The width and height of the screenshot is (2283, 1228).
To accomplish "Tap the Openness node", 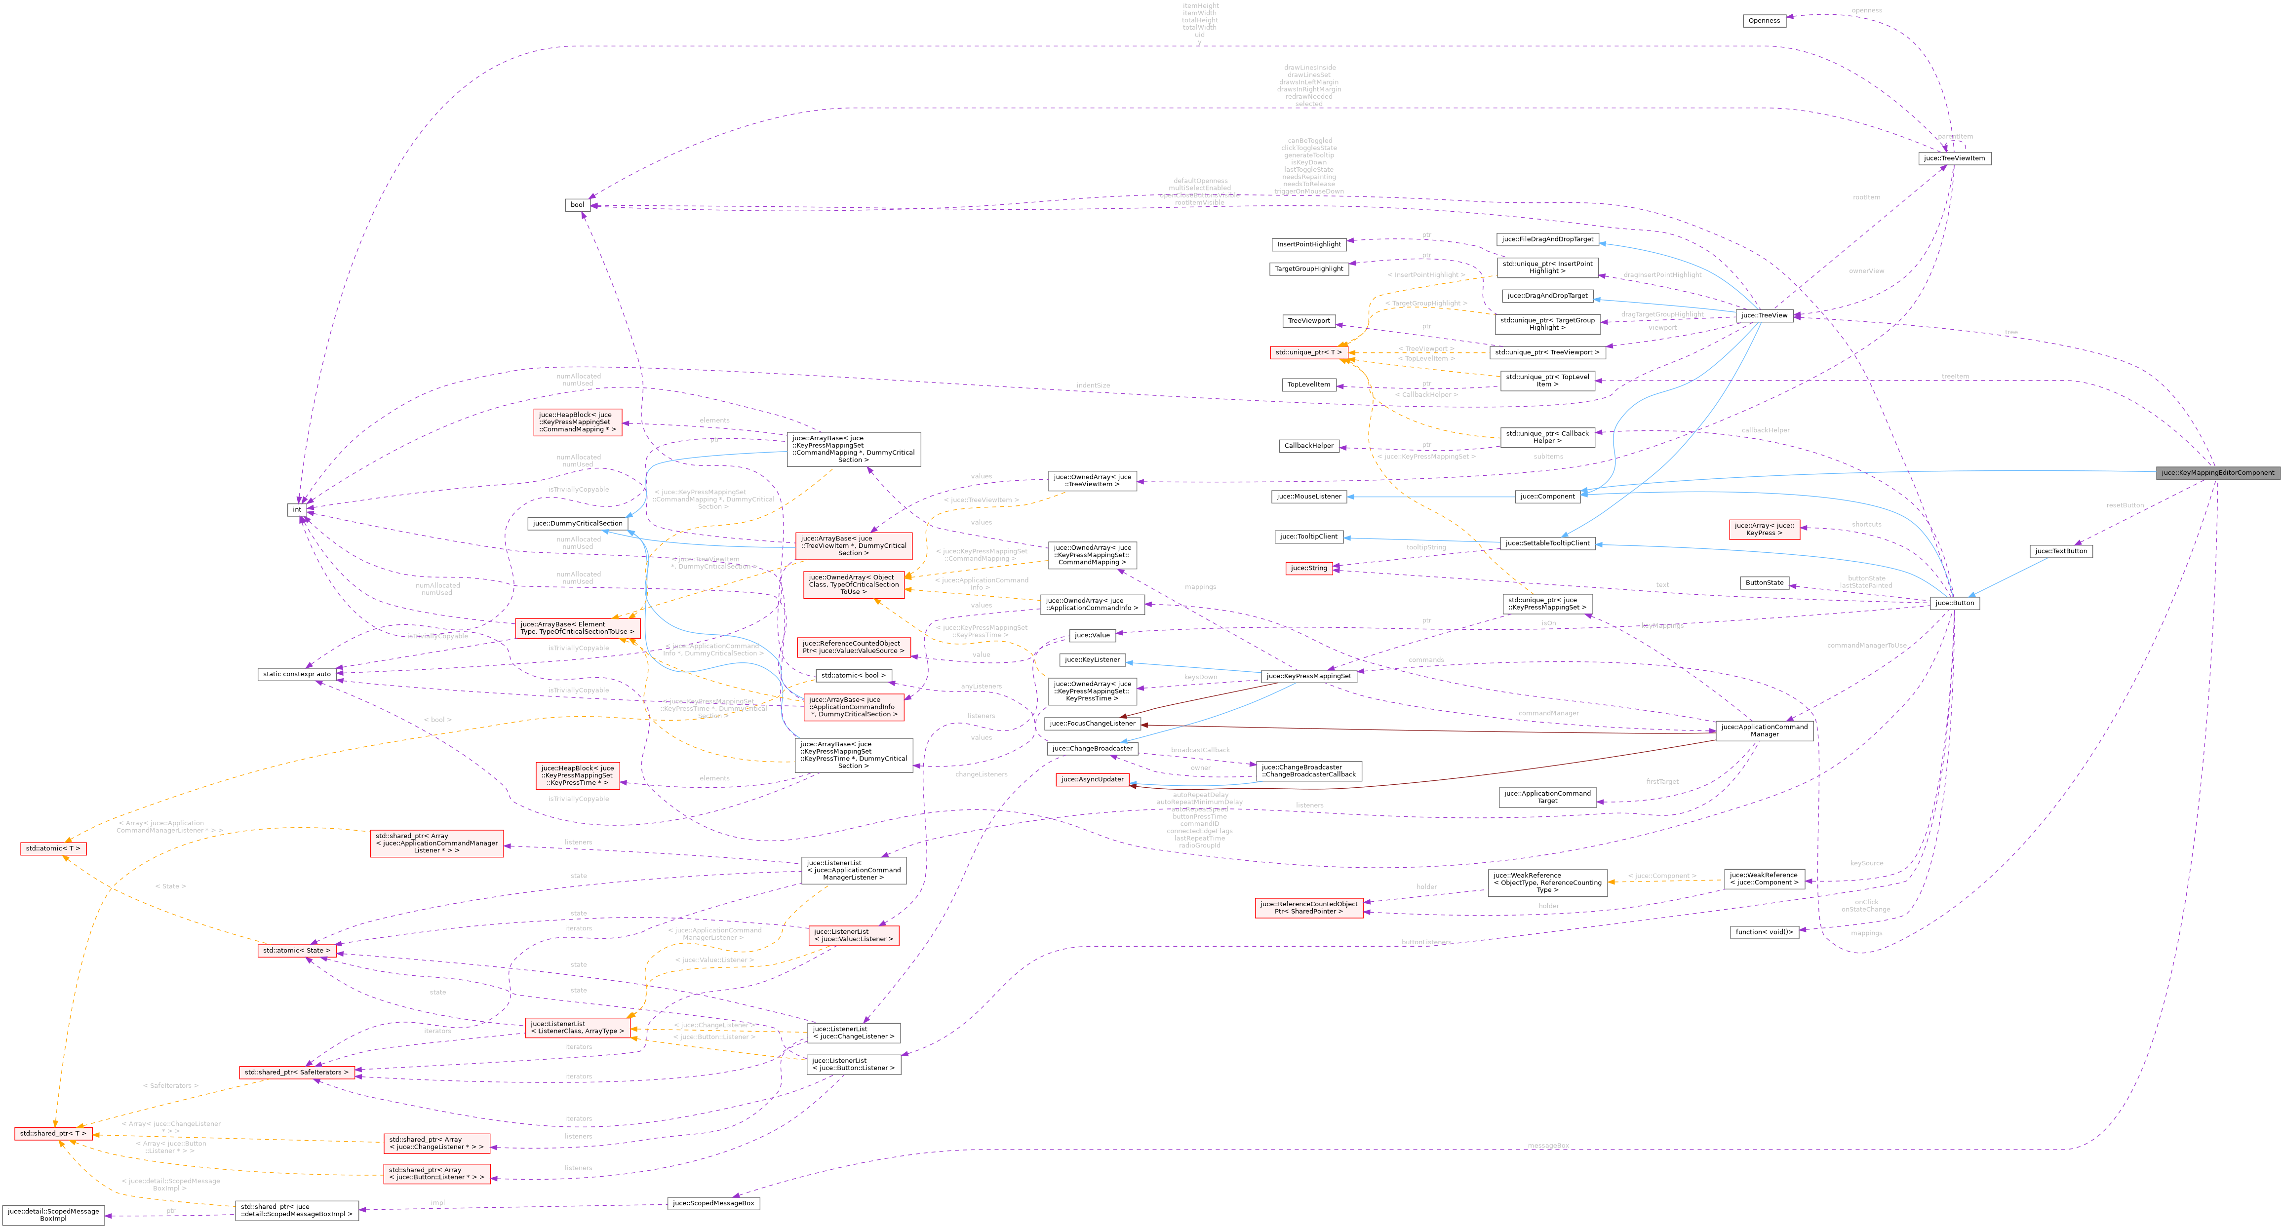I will click(x=1764, y=20).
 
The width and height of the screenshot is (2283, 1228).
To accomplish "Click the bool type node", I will click(x=577, y=205).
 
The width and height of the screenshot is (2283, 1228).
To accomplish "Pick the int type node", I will click(x=297, y=509).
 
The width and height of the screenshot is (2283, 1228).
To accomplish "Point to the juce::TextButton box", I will click(x=2060, y=551).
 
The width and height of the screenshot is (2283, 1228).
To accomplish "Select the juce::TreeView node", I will click(x=1764, y=315).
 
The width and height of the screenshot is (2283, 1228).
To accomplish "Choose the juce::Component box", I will click(x=1546, y=496).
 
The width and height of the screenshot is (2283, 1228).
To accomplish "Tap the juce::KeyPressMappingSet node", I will click(x=1308, y=676).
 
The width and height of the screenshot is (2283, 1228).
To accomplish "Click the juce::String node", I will click(x=1308, y=568).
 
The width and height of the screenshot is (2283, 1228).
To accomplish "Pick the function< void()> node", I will click(x=1764, y=932).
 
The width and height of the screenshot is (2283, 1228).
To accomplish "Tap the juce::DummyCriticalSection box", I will click(x=577, y=524).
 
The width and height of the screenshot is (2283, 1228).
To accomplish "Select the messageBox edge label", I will click(x=1547, y=1146).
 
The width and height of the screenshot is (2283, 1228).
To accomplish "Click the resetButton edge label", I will click(x=2125, y=505).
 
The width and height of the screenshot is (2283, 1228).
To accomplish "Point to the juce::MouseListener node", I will click(x=1308, y=496).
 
